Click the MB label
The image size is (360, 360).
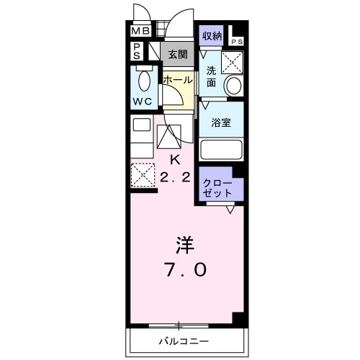(140, 32)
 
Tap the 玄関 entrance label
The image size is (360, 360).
(178, 54)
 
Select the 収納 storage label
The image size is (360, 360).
(212, 35)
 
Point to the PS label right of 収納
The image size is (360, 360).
(238, 42)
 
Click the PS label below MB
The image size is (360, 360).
(137, 51)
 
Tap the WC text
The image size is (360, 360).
(142, 102)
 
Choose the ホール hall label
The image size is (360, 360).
(177, 80)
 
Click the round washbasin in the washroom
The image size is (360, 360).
(234, 86)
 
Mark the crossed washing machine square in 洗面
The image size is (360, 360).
(233, 62)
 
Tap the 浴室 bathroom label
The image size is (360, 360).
(220, 123)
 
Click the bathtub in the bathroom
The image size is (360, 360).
(221, 150)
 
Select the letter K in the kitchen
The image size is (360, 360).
(174, 159)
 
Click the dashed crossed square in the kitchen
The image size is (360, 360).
(142, 174)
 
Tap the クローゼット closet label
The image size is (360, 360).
(217, 187)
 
